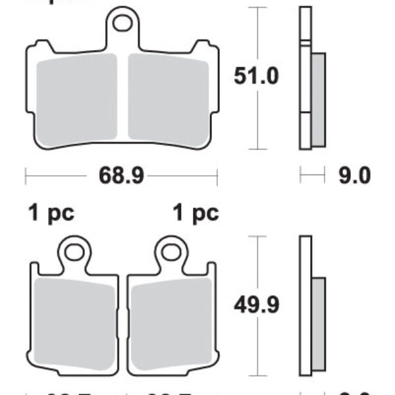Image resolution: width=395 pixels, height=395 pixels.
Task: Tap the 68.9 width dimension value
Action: point(122,176)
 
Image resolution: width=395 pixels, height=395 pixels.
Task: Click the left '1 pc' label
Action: point(51,213)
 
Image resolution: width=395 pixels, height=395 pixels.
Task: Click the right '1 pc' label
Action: point(195,213)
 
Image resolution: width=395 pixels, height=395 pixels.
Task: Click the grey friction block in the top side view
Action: point(317,99)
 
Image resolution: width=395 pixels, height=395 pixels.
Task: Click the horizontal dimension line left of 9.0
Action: point(313,176)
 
